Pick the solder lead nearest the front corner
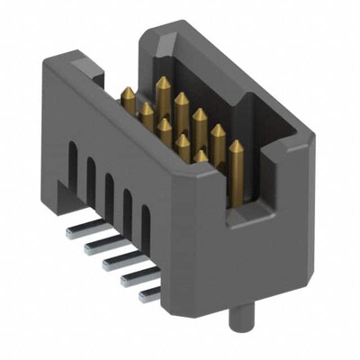(x=148, y=292)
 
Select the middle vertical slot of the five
(x=108, y=193)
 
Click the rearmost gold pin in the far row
(x=163, y=88)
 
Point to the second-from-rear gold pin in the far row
(x=181, y=102)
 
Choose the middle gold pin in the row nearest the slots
(x=165, y=129)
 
